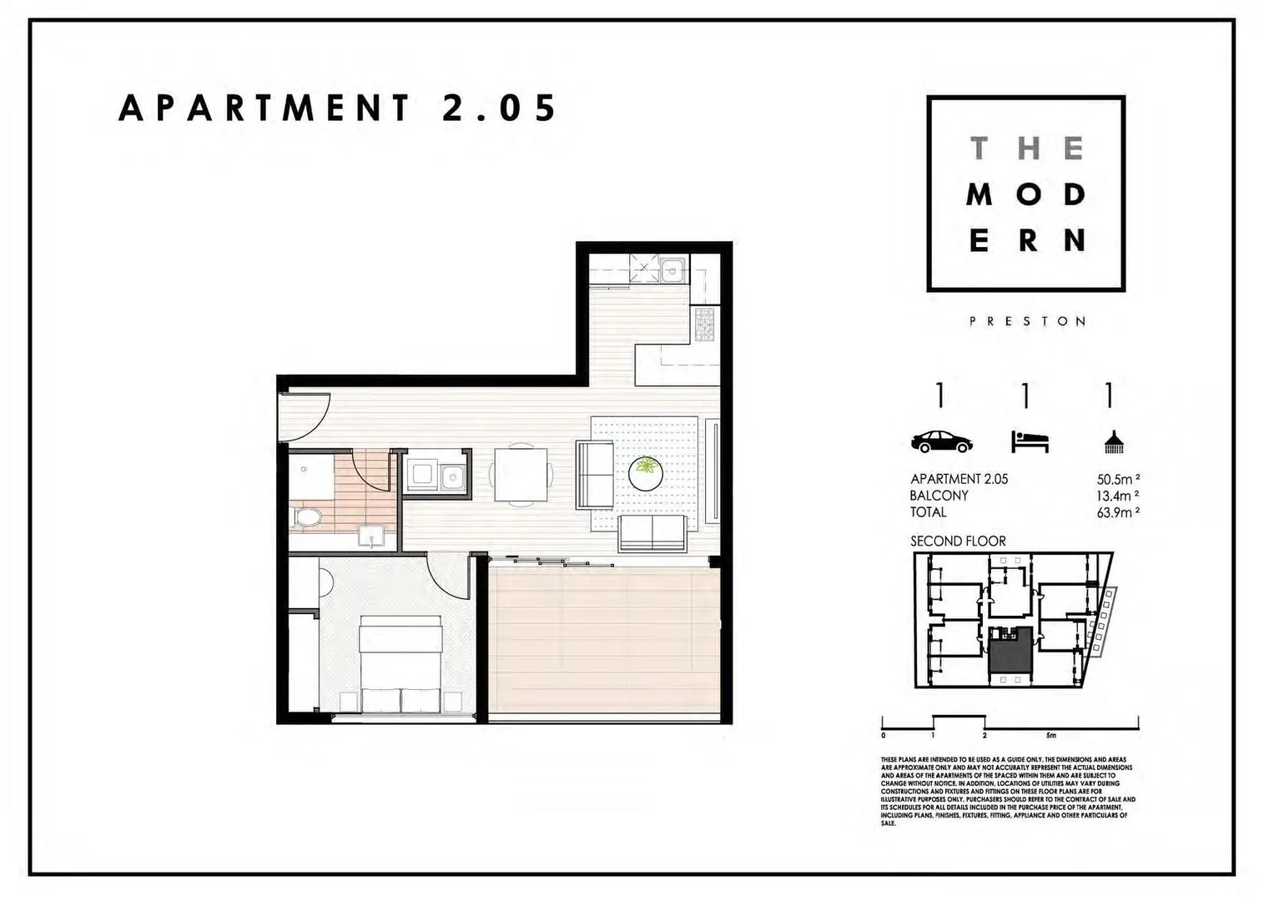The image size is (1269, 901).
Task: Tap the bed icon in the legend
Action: click(x=1030, y=441)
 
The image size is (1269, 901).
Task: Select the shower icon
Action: click(x=1113, y=442)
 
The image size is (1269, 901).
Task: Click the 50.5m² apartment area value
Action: click(x=1118, y=480)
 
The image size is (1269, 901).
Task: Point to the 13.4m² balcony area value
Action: click(x=1118, y=496)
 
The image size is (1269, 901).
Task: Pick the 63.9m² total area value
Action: click(x=1118, y=512)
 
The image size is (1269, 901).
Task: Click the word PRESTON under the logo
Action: click(x=1027, y=321)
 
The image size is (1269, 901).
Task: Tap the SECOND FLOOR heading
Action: click(x=958, y=541)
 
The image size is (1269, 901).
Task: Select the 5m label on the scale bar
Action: click(x=1050, y=736)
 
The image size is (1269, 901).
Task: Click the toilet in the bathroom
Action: click(x=306, y=518)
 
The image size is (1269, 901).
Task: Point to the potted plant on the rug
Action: click(x=645, y=471)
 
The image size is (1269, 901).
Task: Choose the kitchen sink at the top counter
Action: click(x=672, y=270)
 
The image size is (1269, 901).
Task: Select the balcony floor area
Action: click(x=602, y=642)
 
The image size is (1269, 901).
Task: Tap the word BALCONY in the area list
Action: click(x=939, y=496)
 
